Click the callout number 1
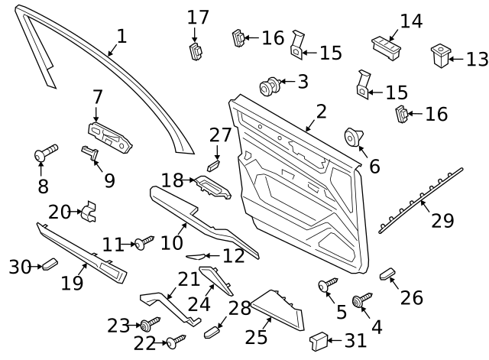(x=122, y=36)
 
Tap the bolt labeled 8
(x=46, y=153)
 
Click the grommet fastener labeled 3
(x=269, y=86)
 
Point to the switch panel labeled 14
(x=386, y=49)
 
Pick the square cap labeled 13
(x=441, y=55)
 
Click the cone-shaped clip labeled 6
(x=353, y=137)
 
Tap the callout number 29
(x=442, y=220)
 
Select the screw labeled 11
(x=144, y=243)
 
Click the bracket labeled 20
(x=89, y=212)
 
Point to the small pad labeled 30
(x=50, y=264)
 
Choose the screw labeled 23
(x=150, y=324)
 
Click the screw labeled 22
(x=176, y=342)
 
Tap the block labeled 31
(x=319, y=341)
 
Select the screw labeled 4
(x=361, y=300)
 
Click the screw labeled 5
(x=328, y=284)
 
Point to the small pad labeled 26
(x=387, y=274)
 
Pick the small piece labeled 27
(x=214, y=166)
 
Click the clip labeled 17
(x=196, y=51)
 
